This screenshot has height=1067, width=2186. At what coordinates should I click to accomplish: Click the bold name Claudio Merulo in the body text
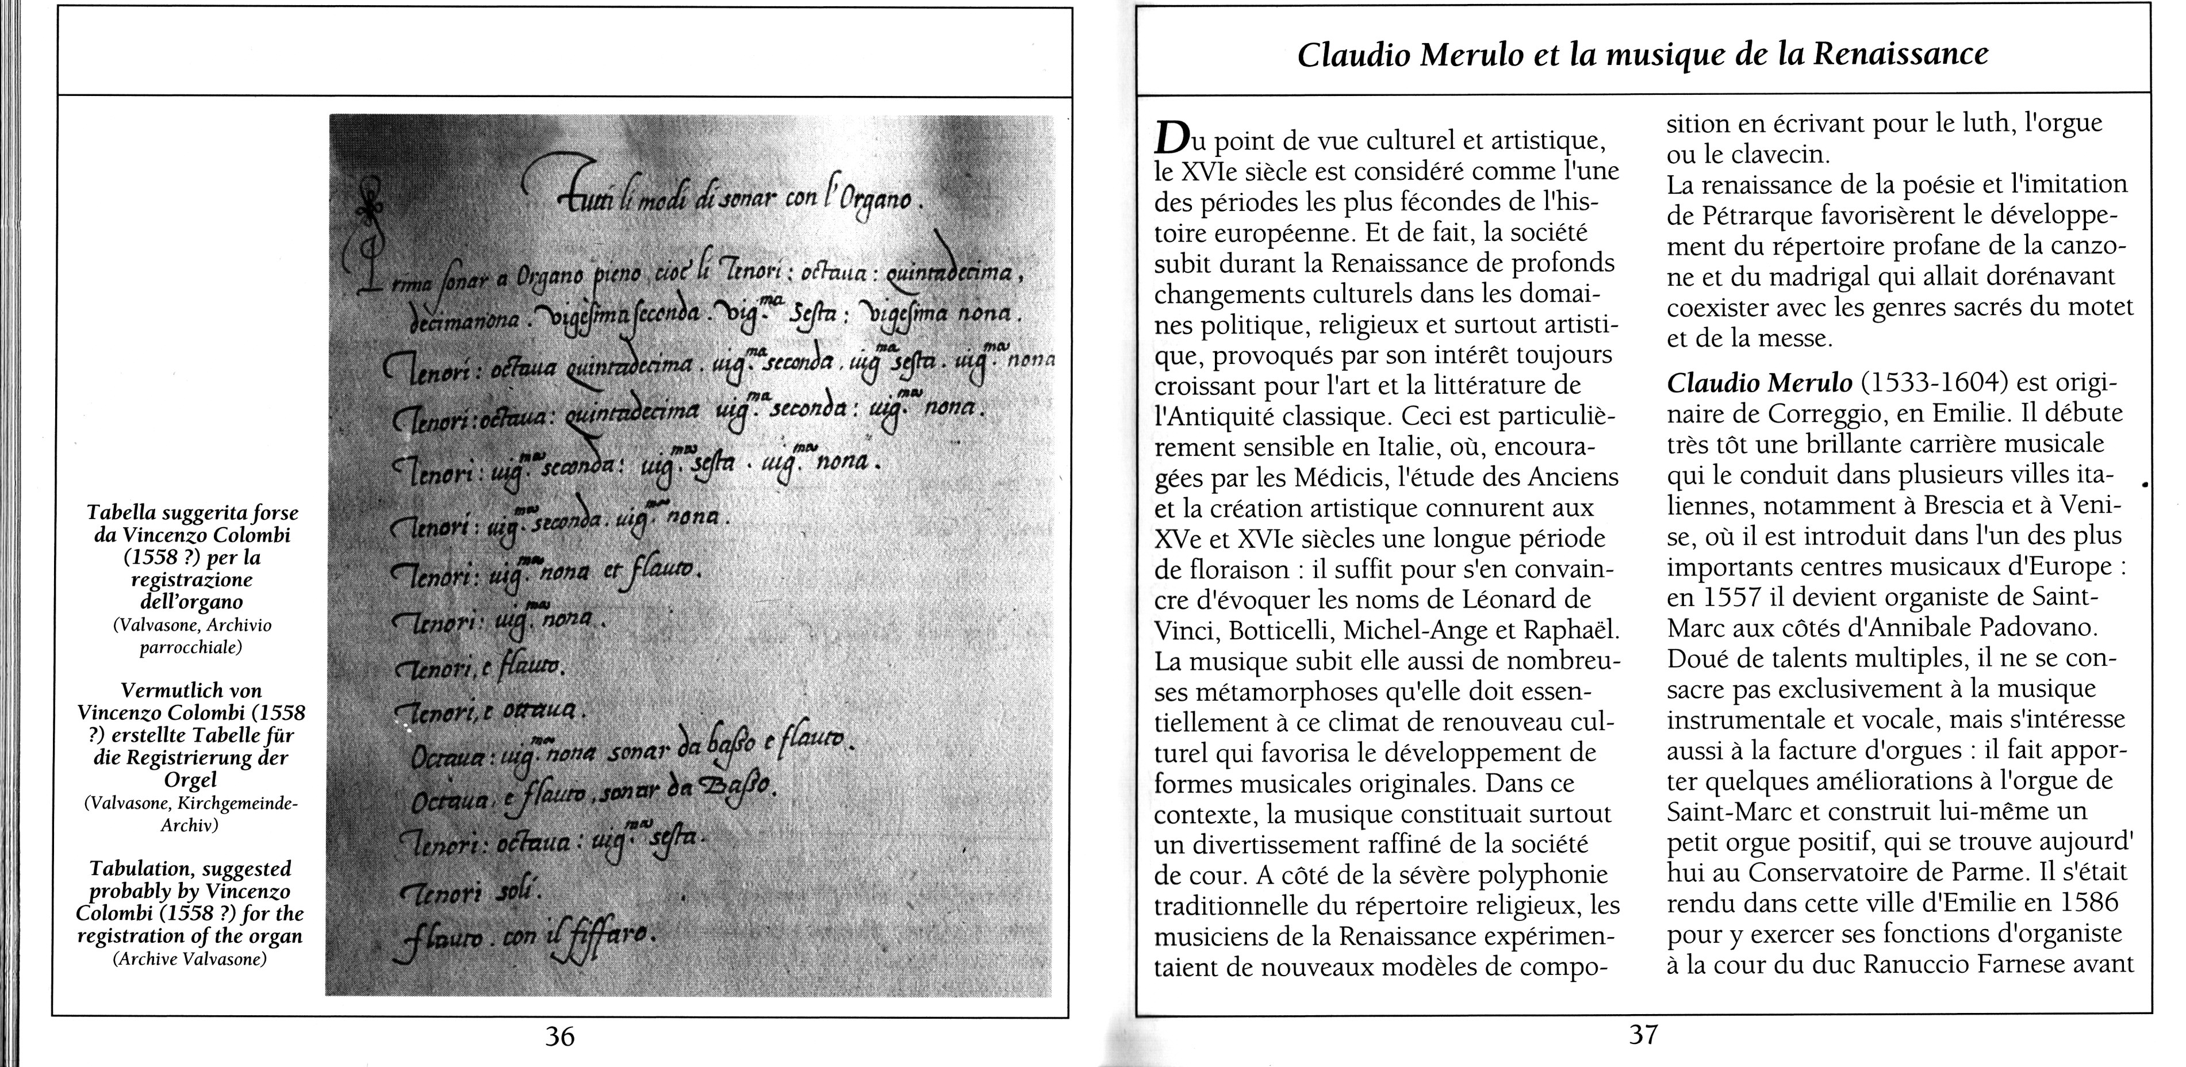pos(1759,384)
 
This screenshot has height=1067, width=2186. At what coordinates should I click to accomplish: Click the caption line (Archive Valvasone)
pos(190,960)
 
